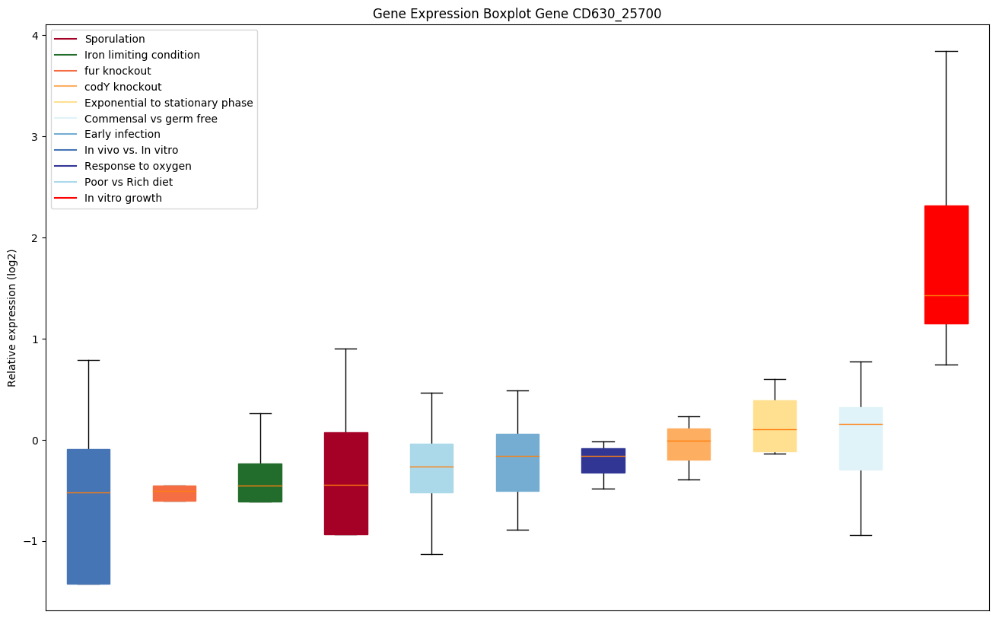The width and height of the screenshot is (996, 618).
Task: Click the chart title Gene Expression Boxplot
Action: pyautogui.click(x=517, y=14)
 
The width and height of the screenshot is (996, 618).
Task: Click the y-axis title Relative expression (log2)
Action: pyautogui.click(x=12, y=318)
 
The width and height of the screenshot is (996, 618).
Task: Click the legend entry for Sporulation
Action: pyautogui.click(x=115, y=39)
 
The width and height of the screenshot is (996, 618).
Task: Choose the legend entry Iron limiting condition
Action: pyautogui.click(x=142, y=55)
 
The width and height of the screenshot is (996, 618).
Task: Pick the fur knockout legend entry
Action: pyautogui.click(x=118, y=71)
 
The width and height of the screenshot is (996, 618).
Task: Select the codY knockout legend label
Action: pyautogui.click(x=123, y=87)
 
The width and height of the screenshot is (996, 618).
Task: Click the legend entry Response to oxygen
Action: pyautogui.click(x=138, y=166)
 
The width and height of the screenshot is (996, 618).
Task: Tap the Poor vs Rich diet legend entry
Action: pyautogui.click(x=129, y=182)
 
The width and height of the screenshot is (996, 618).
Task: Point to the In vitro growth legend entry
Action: pyautogui.click(x=123, y=198)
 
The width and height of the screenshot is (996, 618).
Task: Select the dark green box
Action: pyautogui.click(x=260, y=483)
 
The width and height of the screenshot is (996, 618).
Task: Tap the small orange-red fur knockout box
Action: pyautogui.click(x=174, y=493)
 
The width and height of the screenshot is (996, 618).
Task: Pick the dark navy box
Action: pyautogui.click(x=603, y=460)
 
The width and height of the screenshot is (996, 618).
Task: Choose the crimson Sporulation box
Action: pyautogui.click(x=346, y=483)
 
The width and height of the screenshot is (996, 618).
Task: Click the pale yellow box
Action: pyautogui.click(x=775, y=425)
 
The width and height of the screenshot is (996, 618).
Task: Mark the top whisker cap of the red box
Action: pyautogui.click(x=946, y=51)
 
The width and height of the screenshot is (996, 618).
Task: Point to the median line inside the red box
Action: pyautogui.click(x=946, y=295)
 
